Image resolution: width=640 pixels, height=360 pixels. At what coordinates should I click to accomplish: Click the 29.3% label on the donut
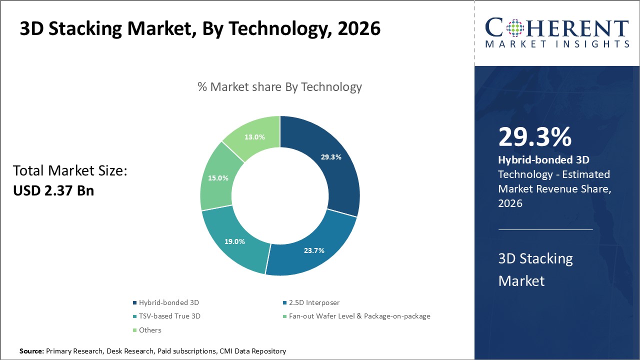tap(331, 156)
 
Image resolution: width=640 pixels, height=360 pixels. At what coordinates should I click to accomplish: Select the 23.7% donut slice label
tap(314, 250)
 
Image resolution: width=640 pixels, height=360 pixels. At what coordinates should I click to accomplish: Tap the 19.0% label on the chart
tap(235, 241)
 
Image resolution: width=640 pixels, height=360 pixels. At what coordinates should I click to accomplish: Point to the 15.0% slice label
tap(218, 177)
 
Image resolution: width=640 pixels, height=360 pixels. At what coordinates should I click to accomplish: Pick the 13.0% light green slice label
tap(254, 136)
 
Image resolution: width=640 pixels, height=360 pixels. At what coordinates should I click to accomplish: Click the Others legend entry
tap(150, 330)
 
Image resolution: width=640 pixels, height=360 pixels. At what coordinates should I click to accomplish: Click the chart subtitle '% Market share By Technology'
tap(279, 86)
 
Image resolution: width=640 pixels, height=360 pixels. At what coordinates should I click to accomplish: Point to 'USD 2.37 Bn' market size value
tap(53, 190)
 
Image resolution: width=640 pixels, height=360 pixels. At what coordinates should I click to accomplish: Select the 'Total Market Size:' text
tap(70, 171)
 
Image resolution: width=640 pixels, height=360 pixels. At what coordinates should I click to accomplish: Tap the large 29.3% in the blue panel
tap(535, 137)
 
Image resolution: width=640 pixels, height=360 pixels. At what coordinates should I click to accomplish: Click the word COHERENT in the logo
tap(556, 27)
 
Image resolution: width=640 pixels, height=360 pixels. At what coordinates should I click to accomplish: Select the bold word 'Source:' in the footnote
tap(31, 351)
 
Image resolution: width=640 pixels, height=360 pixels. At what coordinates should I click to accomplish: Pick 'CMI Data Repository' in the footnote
tap(253, 351)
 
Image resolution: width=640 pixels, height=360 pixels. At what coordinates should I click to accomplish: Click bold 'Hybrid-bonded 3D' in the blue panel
tap(544, 160)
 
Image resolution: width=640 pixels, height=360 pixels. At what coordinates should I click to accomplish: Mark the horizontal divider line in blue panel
tap(545, 229)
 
